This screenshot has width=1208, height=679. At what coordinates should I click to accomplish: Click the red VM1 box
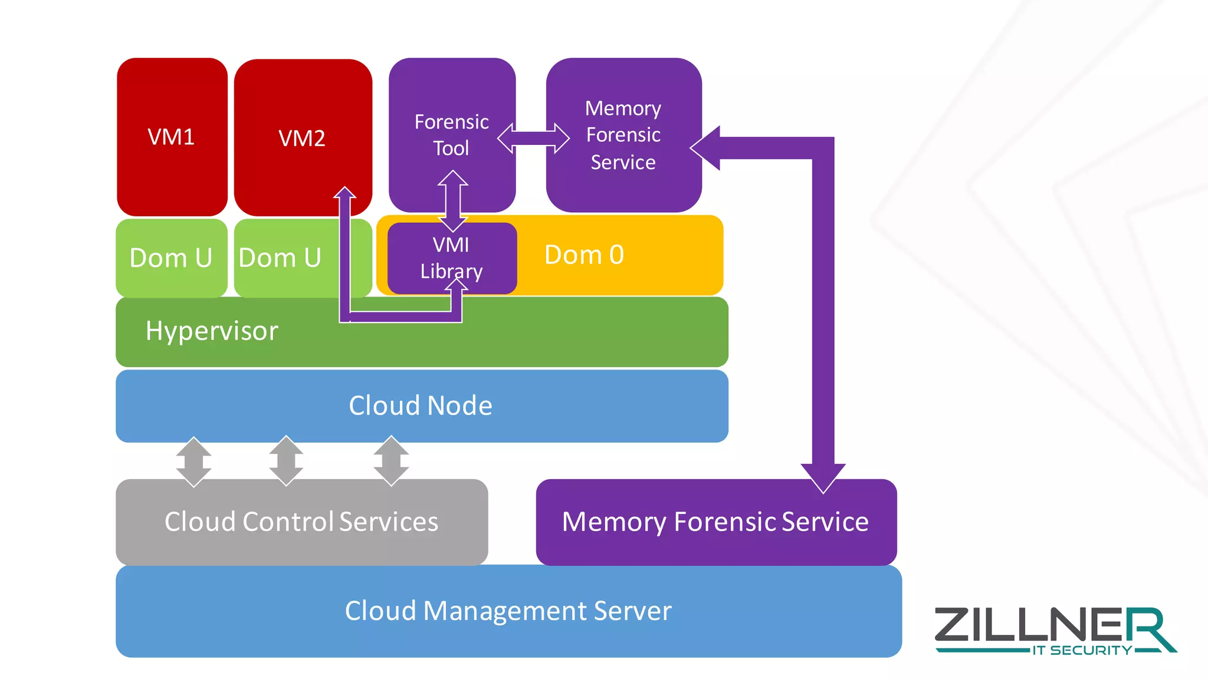pyautogui.click(x=172, y=137)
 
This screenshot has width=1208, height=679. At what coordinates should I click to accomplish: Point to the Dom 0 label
pyautogui.click(x=584, y=255)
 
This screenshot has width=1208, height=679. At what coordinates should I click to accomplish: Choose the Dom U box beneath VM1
pyautogui.click(x=171, y=258)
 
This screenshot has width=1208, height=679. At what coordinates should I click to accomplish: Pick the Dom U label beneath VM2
pyautogui.click(x=280, y=258)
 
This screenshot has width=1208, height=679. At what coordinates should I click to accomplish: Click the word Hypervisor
pyautogui.click(x=212, y=331)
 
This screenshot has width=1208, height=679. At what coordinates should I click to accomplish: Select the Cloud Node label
pyautogui.click(x=421, y=406)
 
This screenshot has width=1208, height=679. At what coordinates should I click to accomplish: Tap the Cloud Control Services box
pyautogui.click(x=301, y=522)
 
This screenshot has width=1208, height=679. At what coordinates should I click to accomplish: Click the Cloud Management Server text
pyautogui.click(x=508, y=611)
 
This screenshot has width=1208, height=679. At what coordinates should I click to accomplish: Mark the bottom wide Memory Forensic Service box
pyautogui.click(x=715, y=522)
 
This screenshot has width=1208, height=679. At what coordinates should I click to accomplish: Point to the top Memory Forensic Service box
pyautogui.click(x=623, y=134)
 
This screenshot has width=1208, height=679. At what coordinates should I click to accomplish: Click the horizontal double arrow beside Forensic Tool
pyautogui.click(x=533, y=139)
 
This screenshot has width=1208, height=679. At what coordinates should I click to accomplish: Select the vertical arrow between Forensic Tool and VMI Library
pyautogui.click(x=452, y=200)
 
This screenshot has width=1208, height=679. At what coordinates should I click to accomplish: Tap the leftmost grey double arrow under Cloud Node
pyautogui.click(x=193, y=462)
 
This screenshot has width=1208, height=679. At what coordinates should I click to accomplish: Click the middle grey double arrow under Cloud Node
pyautogui.click(x=286, y=461)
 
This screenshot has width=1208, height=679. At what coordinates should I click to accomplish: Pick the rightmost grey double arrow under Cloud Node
pyautogui.click(x=391, y=461)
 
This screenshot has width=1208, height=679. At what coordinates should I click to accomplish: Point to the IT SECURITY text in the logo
pyautogui.click(x=1082, y=651)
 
